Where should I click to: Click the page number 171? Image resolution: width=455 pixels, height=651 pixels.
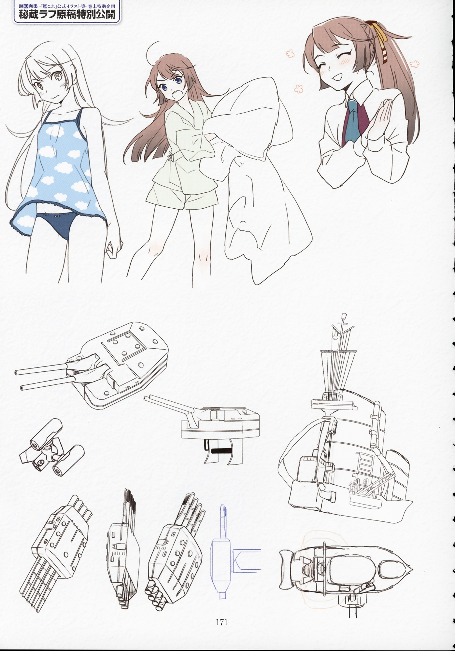click(x=221, y=622)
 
